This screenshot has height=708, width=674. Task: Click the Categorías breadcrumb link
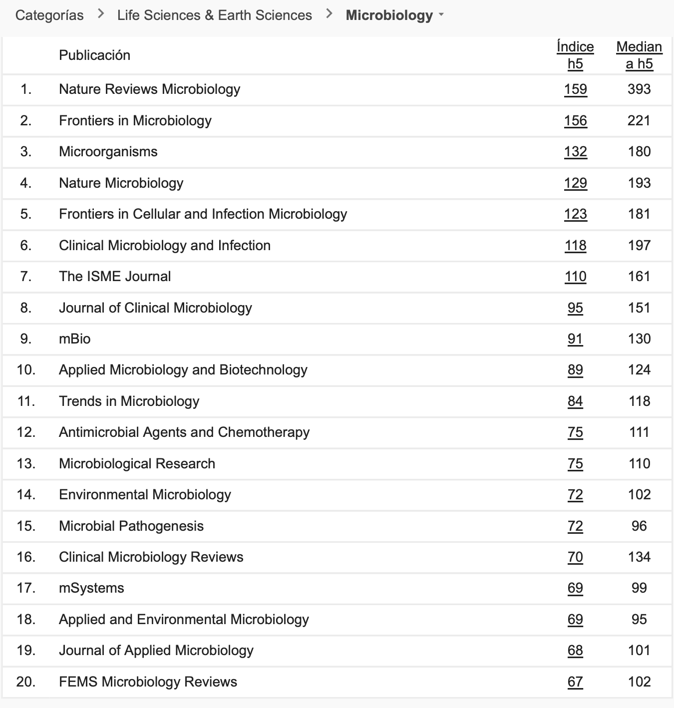click(49, 15)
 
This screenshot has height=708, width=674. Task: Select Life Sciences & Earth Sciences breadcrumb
click(214, 15)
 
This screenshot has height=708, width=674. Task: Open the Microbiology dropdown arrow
click(441, 15)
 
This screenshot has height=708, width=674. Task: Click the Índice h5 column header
click(575, 55)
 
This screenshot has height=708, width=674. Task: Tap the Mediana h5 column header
click(639, 55)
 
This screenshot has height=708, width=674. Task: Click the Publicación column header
click(94, 55)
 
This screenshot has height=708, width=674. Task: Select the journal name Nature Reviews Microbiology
click(149, 89)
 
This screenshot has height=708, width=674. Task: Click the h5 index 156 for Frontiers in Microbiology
click(575, 121)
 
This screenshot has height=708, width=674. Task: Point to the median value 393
click(639, 89)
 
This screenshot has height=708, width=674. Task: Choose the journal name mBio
click(75, 339)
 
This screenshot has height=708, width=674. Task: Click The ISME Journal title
click(115, 277)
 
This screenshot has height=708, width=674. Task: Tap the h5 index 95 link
click(575, 308)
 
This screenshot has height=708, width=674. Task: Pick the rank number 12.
click(26, 432)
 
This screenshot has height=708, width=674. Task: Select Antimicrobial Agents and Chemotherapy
click(184, 432)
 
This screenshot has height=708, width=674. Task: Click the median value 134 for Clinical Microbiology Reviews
click(639, 557)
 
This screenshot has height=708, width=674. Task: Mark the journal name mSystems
click(91, 588)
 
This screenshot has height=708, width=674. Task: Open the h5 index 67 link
click(575, 682)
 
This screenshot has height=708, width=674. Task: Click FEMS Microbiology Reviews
click(148, 682)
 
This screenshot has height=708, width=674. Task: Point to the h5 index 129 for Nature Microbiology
click(575, 183)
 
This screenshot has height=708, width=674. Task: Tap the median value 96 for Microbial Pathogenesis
click(639, 526)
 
